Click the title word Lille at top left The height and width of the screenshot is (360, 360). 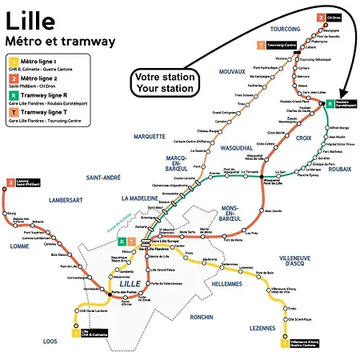point(25,18)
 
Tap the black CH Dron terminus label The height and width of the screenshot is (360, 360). point(333,16)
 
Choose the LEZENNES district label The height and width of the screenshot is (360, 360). point(261,328)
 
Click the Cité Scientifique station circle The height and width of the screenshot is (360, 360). point(286,318)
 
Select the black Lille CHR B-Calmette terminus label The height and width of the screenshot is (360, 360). point(94,333)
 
